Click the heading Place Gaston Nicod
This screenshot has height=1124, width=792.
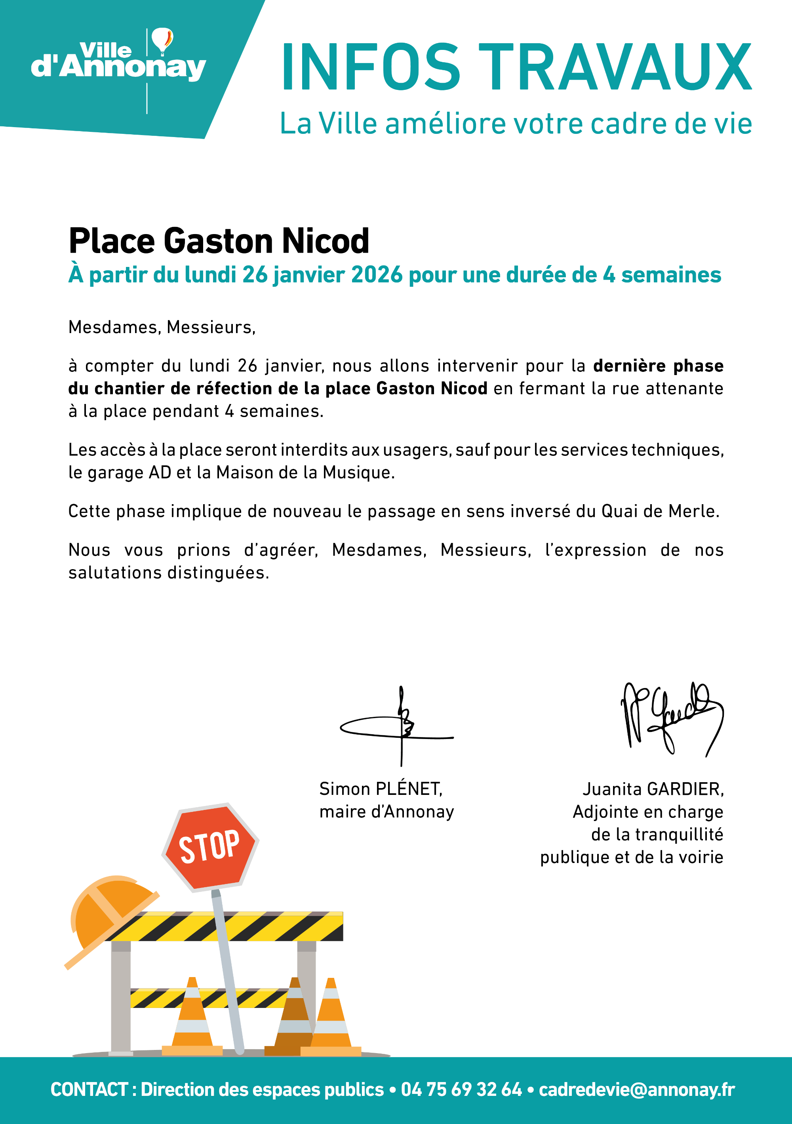point(219,241)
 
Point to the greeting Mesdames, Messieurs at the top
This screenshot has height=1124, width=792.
point(162,327)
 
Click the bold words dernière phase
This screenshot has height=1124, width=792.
point(658,366)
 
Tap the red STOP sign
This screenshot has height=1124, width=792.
point(209,847)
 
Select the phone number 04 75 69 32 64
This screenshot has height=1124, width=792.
point(461,1090)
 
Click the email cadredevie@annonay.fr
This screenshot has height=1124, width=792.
point(636,1090)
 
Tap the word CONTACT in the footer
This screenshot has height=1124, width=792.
point(89,1090)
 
